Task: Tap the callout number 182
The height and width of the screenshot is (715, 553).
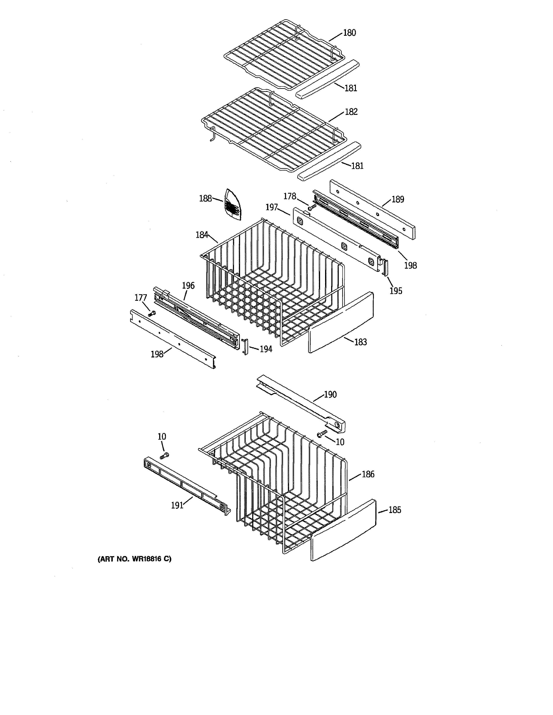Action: pos(351,112)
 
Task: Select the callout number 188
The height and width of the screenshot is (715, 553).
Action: pos(205,198)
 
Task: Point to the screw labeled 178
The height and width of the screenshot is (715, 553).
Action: pos(311,207)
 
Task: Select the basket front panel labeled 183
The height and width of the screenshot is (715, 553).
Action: pos(341,322)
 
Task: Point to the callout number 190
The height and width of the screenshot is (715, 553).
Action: pos(330,395)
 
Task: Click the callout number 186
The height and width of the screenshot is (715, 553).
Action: pos(368,474)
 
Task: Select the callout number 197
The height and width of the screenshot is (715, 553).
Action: pos(272,207)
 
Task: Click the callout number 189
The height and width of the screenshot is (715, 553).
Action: pos(398,199)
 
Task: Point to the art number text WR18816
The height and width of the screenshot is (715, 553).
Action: pos(146,559)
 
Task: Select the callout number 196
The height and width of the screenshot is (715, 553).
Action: pos(188,286)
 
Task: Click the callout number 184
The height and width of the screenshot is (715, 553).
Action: pos(202,235)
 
